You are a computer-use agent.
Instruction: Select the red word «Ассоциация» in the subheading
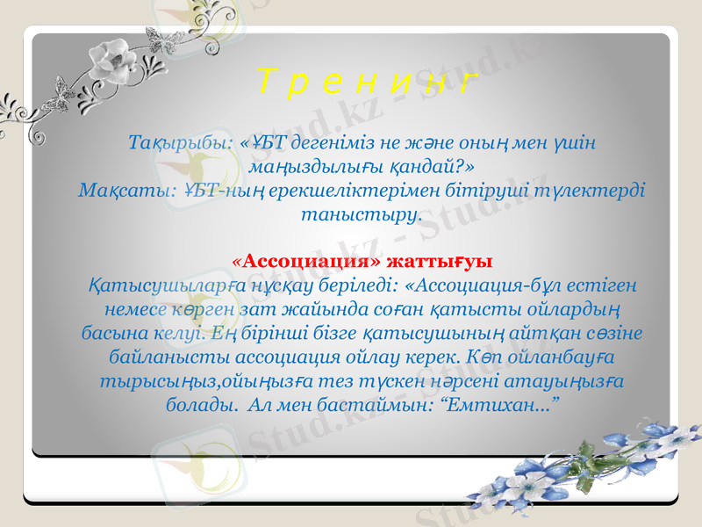click(305, 261)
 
